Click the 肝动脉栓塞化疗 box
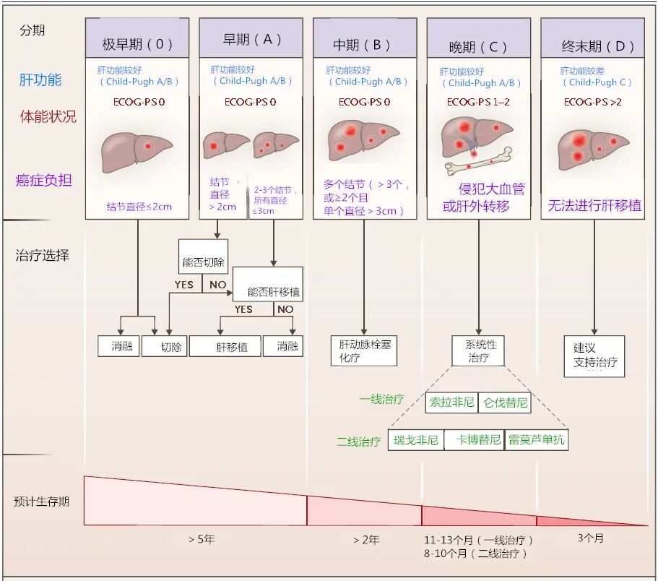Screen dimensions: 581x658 point(363,350)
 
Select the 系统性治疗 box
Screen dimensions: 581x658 point(477,350)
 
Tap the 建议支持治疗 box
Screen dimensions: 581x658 point(594,355)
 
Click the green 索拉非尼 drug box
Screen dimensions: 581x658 point(451,403)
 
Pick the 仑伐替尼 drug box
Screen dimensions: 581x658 point(505,403)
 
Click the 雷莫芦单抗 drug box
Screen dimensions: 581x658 point(537,440)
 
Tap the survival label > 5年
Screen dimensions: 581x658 point(202,539)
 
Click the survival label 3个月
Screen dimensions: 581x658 point(590,538)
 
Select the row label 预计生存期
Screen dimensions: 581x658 point(42,501)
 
